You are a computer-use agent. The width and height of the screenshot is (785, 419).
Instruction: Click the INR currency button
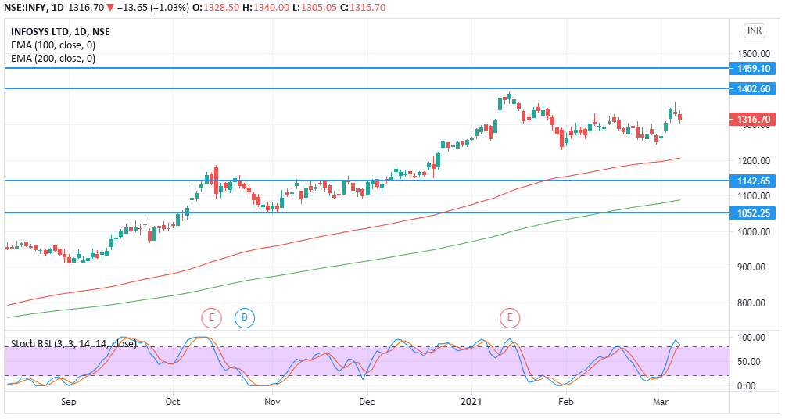tap(754, 30)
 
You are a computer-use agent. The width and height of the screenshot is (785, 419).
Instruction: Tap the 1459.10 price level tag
tap(754, 69)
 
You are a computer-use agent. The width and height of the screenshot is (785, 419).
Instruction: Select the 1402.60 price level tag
tap(754, 89)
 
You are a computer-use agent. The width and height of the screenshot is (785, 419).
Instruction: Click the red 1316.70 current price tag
tap(754, 120)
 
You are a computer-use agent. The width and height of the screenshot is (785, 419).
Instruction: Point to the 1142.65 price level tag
tap(754, 181)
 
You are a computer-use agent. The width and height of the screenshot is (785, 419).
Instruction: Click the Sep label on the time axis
tap(69, 402)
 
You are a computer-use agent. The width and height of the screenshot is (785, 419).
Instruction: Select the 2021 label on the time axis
tap(471, 402)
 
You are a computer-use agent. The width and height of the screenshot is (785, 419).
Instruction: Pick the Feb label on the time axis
tap(566, 402)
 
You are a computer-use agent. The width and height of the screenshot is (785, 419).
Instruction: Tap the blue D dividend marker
tap(245, 317)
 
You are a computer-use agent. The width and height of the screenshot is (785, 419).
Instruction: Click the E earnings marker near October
tap(211, 317)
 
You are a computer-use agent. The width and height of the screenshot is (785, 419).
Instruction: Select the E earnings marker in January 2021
tap(510, 317)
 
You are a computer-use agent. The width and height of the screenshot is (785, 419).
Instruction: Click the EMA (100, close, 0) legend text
tap(53, 45)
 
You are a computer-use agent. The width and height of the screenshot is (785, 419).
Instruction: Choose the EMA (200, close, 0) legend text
tap(53, 59)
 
